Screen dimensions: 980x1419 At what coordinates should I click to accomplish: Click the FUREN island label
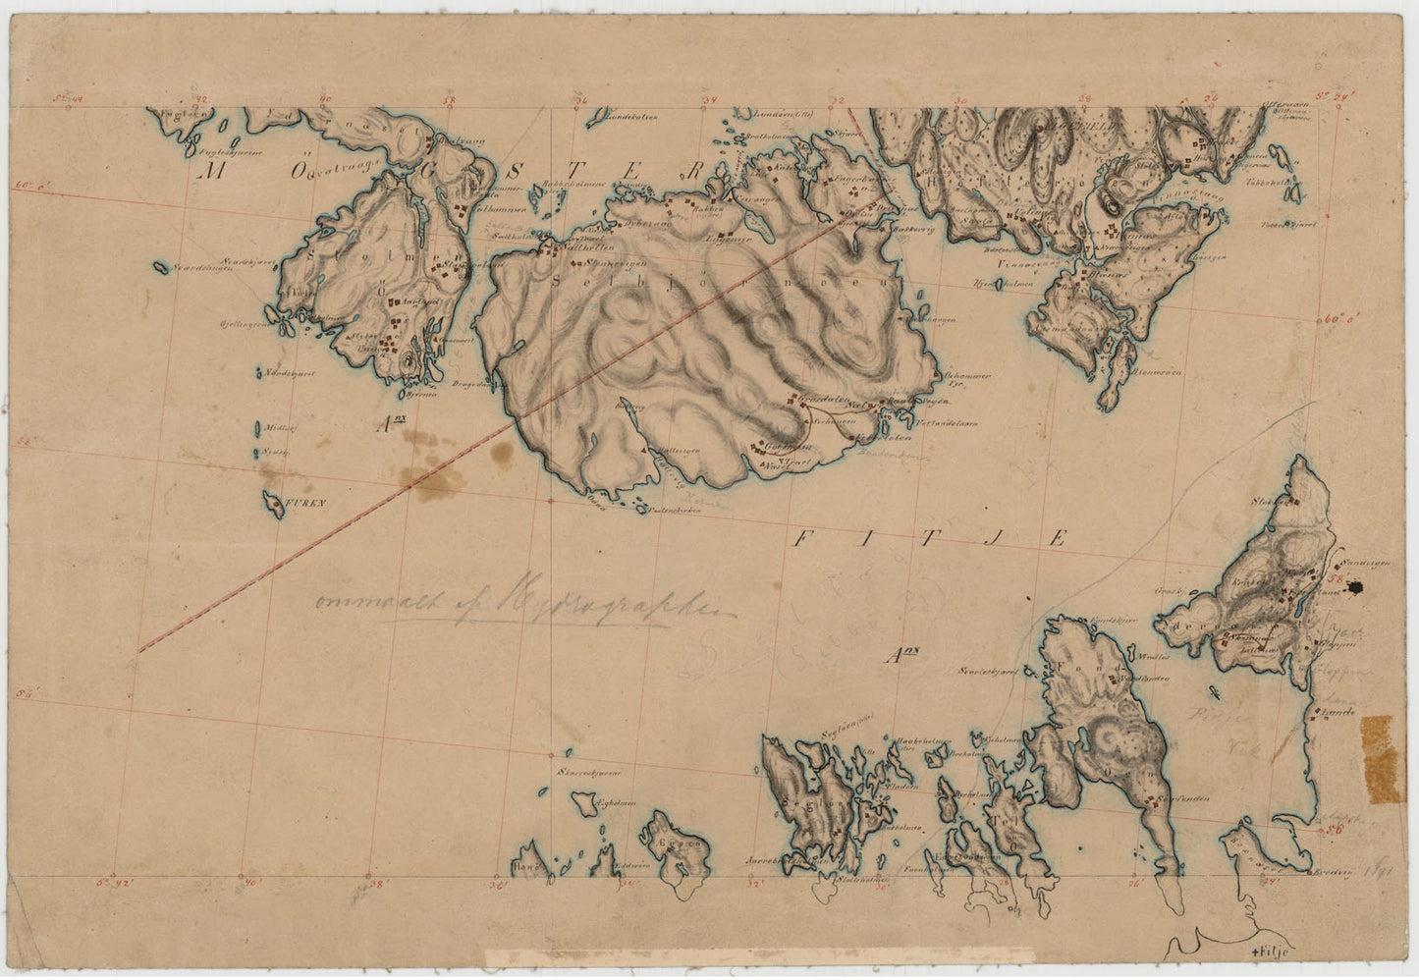point(305,503)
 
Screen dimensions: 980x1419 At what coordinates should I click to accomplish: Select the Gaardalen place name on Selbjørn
point(823,398)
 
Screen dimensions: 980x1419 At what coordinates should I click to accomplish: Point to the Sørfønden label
point(1187,798)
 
